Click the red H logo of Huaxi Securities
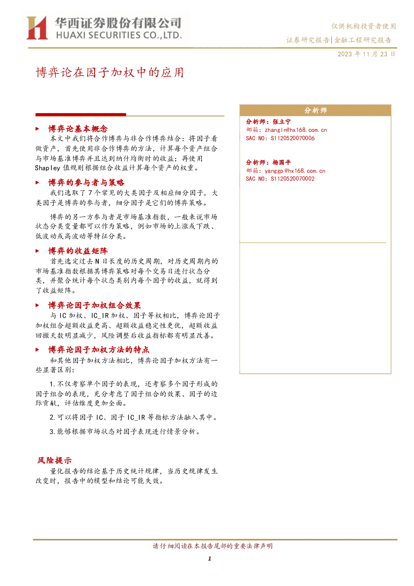(x=37, y=28)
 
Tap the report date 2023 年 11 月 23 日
(x=366, y=54)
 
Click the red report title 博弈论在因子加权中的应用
(x=110, y=73)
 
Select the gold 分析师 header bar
(x=315, y=111)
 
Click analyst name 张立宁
(x=281, y=121)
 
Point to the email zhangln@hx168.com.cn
(x=296, y=130)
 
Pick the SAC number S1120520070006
(x=292, y=138)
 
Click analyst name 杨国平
(x=281, y=162)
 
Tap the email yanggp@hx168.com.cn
(x=295, y=171)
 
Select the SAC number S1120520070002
(x=292, y=179)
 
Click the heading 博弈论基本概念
(x=78, y=129)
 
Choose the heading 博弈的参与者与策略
(x=86, y=182)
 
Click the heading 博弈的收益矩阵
(x=78, y=251)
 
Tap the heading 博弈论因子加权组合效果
(x=95, y=305)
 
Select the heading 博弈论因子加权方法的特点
(x=99, y=350)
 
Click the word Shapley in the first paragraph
(x=48, y=168)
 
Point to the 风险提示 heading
(x=54, y=460)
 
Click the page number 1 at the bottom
(x=209, y=558)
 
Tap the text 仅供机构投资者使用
(x=364, y=26)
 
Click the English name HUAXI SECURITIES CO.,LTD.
(x=119, y=35)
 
